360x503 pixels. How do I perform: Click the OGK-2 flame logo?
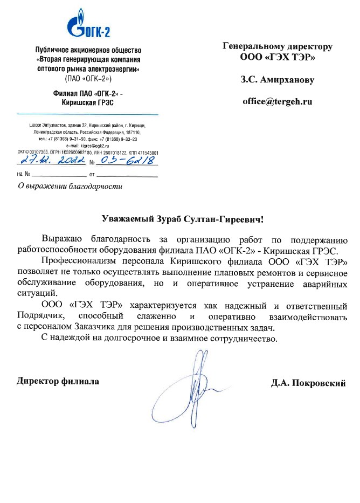pos(75,25)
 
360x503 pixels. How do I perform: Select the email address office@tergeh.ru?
pos(277,101)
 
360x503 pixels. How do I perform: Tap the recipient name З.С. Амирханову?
pos(277,80)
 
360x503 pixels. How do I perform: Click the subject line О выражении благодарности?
pos(70,187)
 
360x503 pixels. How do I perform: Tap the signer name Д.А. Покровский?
pos(308,383)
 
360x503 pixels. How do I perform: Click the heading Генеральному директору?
pos(278,46)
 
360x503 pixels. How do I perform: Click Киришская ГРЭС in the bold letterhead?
pos(87,102)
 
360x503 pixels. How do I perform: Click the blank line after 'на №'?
pos(60,175)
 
